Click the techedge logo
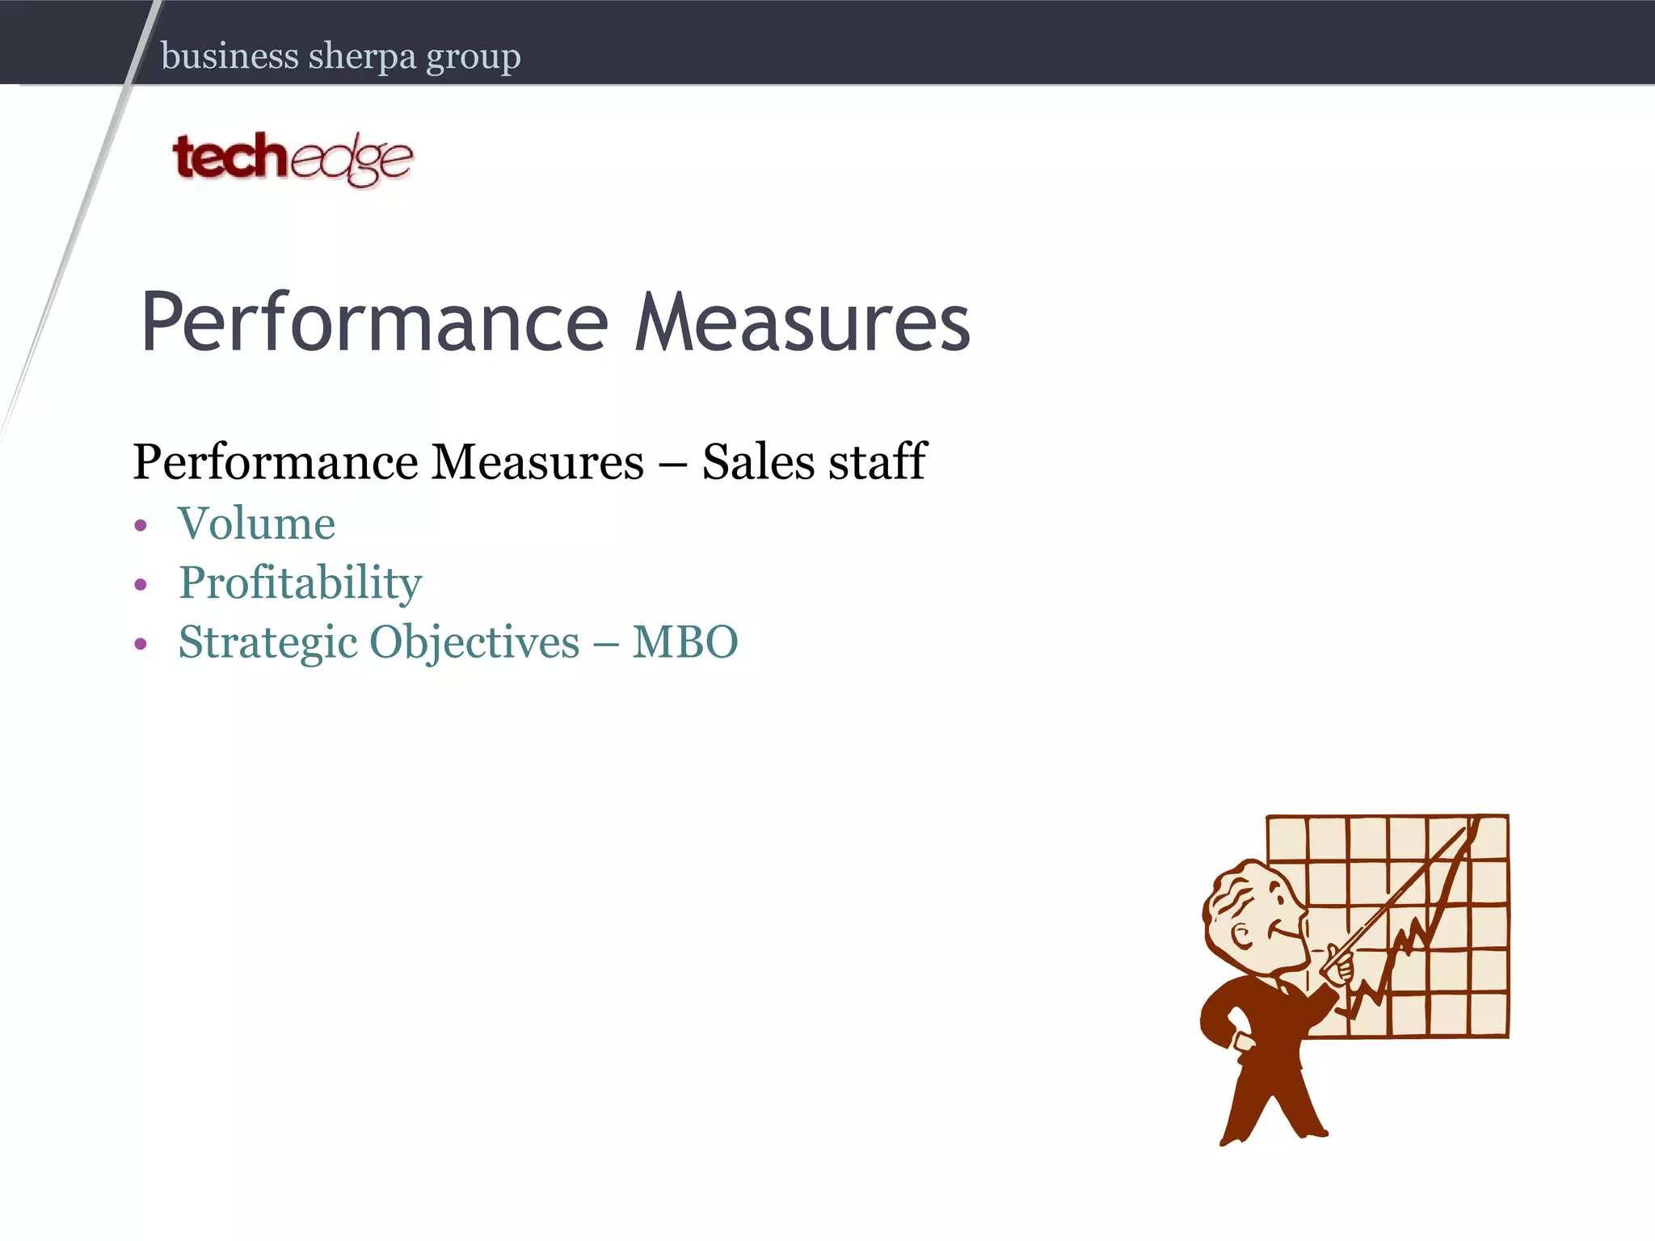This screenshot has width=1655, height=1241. [292, 158]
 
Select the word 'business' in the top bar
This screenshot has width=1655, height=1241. [230, 57]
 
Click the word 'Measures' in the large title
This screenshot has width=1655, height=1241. [802, 322]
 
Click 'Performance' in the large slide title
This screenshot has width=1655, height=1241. [374, 322]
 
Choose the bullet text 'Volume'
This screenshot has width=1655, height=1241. [256, 524]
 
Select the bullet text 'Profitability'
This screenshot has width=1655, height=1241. [300, 583]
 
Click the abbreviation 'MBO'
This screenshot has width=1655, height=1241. [684, 642]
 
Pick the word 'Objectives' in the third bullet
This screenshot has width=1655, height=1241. [474, 643]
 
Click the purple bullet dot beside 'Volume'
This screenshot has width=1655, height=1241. [141, 526]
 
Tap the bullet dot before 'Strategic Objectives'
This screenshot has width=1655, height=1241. [141, 644]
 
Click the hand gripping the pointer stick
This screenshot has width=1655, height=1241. [1338, 966]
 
